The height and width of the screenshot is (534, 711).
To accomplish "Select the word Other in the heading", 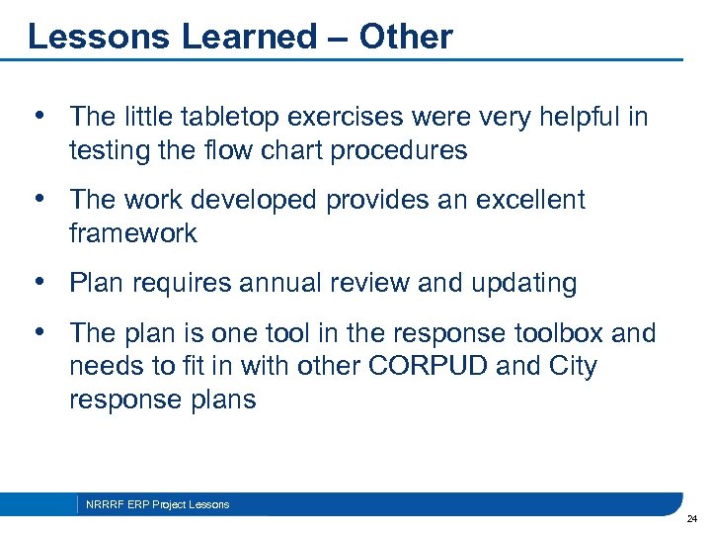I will coord(406,37).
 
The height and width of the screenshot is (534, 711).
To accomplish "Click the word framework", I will coord(133,233).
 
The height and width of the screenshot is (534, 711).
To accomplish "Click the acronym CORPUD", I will coord(430,367).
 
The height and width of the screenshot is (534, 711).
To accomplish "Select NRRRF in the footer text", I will coord(102,504).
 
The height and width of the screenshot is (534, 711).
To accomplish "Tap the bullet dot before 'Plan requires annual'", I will coord(39,283).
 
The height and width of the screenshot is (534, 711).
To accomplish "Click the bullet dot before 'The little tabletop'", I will coord(39,117).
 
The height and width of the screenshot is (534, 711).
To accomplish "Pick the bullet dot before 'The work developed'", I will coord(39,200).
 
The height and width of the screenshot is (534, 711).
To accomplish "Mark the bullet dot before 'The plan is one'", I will coord(39,333).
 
